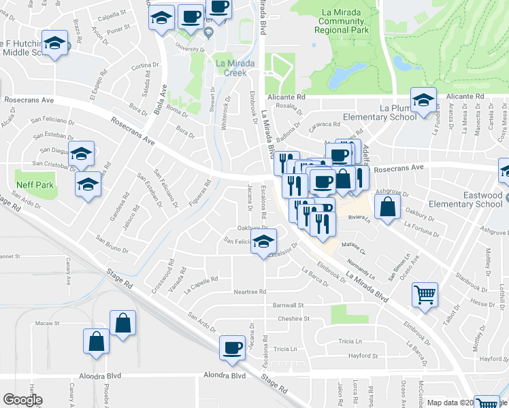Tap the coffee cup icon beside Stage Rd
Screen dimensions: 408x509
[x=232, y=347]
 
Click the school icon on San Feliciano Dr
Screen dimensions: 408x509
[x=264, y=241]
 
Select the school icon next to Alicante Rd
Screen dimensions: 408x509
[x=423, y=101]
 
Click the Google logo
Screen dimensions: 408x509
[x=22, y=400]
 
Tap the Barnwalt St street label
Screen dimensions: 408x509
[x=288, y=305]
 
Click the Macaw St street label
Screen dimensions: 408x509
[x=48, y=323]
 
